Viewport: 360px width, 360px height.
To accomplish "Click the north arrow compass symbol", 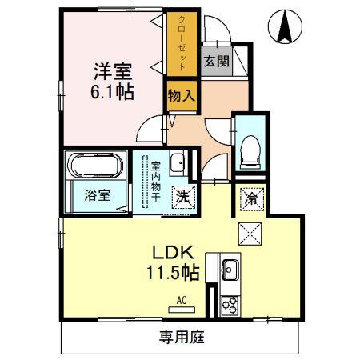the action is [285, 26].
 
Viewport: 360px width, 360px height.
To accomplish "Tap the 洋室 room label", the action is [113, 71].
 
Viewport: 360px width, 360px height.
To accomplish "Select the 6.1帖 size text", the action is [112, 92].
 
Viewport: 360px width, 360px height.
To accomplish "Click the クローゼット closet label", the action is [182, 42].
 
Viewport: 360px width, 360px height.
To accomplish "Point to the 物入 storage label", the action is [182, 96].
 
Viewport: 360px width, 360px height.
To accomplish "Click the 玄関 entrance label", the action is [216, 62].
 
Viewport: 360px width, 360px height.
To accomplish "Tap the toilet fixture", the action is [250, 152].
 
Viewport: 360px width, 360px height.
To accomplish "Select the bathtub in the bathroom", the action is [95, 165].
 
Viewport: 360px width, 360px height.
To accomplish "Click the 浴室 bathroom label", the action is [98, 195].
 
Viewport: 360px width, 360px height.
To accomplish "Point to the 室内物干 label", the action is [156, 182].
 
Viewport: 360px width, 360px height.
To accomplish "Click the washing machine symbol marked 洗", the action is [184, 197].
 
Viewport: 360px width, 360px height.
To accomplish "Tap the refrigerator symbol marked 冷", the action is [252, 199].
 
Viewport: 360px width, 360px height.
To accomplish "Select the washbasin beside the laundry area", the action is [178, 162].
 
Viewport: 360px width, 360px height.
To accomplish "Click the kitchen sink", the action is [230, 270].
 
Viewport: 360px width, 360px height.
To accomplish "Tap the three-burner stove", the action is [230, 306].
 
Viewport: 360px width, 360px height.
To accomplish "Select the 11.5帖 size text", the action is [173, 273].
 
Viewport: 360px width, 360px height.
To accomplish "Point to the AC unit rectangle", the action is [182, 310].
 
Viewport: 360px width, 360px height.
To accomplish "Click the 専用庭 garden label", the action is [182, 337].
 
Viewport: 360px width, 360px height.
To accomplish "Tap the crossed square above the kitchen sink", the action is [250, 234].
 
